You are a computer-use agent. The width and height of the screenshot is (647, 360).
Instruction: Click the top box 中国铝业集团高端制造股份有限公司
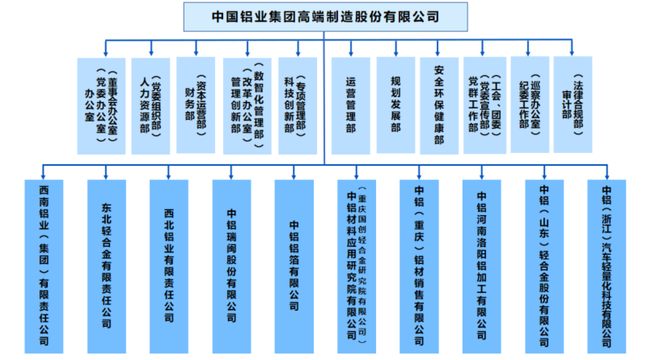[323, 15]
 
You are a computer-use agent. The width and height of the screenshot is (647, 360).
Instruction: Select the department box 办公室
[100, 105]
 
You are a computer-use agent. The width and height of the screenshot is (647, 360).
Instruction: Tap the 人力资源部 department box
[150, 105]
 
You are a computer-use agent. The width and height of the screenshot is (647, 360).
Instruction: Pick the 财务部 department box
[195, 105]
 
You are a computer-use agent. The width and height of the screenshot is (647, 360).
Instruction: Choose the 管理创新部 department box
[247, 105]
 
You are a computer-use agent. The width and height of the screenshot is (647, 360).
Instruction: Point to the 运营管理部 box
[351, 105]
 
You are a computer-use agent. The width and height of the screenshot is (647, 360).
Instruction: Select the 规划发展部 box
[395, 105]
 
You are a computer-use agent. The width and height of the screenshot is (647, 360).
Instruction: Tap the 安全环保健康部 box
[439, 105]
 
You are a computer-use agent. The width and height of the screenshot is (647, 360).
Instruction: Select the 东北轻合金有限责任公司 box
[107, 265]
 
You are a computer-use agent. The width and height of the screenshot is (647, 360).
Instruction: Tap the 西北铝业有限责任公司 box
[169, 265]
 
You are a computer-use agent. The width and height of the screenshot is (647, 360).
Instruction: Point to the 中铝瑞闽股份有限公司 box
[231, 265]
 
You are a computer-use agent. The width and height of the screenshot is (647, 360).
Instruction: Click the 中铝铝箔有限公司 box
[294, 265]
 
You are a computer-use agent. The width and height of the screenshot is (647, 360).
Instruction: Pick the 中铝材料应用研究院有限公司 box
[356, 265]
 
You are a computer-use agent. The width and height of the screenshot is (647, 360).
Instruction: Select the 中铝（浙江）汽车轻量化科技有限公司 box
[607, 265]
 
